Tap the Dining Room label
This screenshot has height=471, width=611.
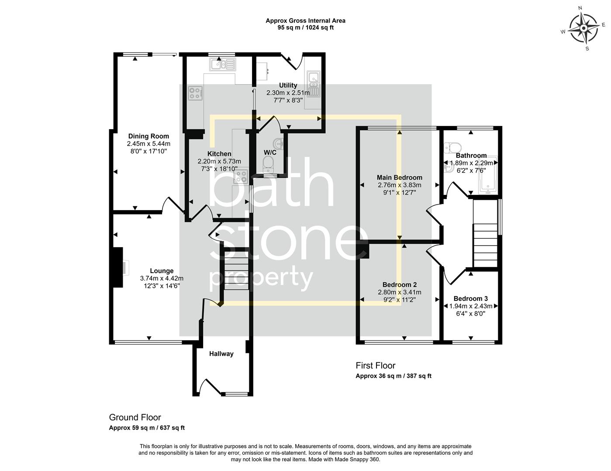click(x=148, y=136)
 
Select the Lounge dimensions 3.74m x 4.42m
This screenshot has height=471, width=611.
click(x=162, y=278)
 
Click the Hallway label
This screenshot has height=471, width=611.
click(x=221, y=354)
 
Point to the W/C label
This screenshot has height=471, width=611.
click(x=270, y=153)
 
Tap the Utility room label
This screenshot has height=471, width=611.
click(x=288, y=85)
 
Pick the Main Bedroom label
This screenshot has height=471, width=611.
click(x=399, y=177)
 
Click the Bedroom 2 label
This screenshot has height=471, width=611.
click(x=399, y=285)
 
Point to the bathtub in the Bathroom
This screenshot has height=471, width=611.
click(x=489, y=174)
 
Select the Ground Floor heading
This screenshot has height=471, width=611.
click(x=135, y=418)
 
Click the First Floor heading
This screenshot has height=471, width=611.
click(x=375, y=365)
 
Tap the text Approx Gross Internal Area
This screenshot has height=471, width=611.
click(x=305, y=20)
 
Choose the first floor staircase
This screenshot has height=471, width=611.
click(x=485, y=244)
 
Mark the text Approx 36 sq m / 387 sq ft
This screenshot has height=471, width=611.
click(x=393, y=376)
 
